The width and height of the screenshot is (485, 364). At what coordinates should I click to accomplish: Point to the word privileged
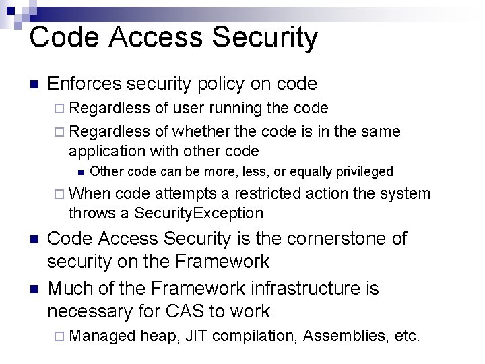[362, 172]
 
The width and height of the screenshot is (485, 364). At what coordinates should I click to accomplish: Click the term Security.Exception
[199, 213]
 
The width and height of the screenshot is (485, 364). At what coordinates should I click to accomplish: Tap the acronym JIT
[195, 335]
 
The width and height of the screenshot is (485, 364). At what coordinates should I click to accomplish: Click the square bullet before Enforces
[34, 84]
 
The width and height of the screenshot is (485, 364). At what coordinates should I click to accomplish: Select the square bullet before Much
[34, 289]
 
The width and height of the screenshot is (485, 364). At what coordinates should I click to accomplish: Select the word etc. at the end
[408, 335]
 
